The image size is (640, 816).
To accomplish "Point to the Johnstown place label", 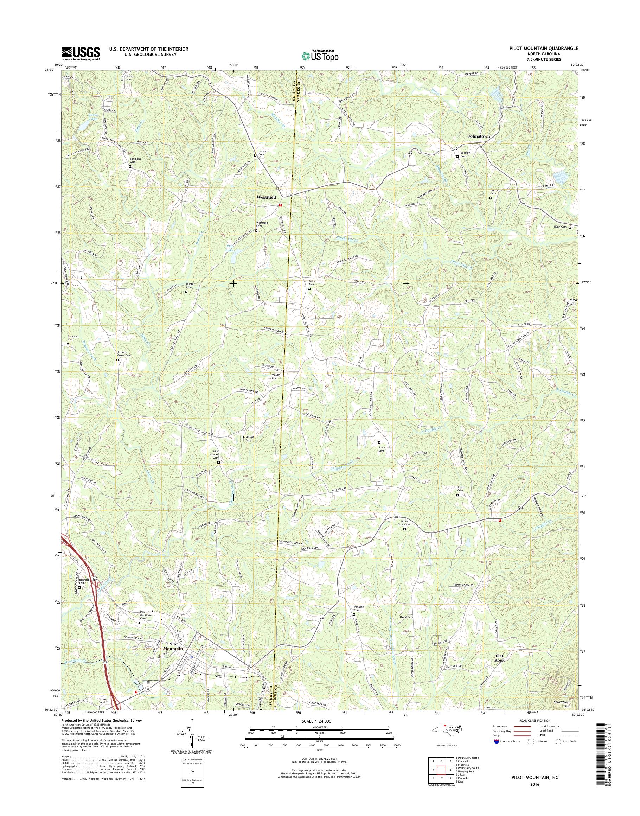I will (479, 136).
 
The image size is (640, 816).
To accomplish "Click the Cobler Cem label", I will (128, 78).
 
